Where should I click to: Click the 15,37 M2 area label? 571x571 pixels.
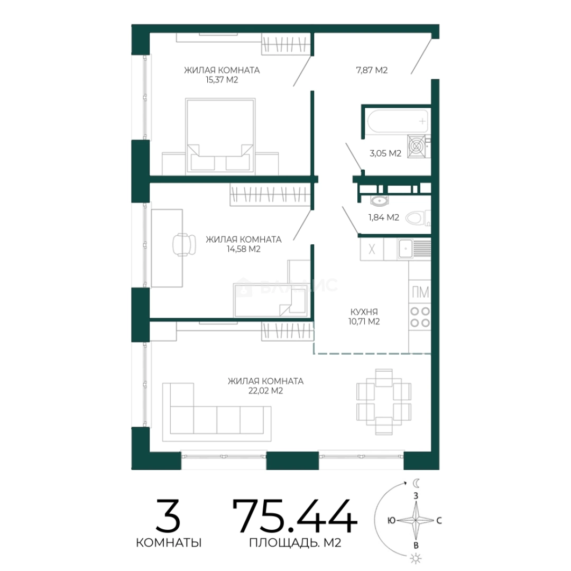(x=222, y=80)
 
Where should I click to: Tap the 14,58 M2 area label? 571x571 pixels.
(x=244, y=249)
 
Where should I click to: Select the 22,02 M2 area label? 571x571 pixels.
(x=265, y=391)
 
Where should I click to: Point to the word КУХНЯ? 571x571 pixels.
(x=364, y=312)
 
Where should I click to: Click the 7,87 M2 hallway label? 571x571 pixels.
(x=372, y=70)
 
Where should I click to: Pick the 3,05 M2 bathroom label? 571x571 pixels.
(x=385, y=153)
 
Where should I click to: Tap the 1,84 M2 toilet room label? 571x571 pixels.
(x=384, y=217)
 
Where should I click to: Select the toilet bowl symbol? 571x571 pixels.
(x=417, y=218)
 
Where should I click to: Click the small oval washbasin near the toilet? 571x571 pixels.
(x=380, y=200)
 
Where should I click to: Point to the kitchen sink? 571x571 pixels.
(x=405, y=248)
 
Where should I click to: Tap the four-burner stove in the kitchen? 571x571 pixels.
(x=420, y=317)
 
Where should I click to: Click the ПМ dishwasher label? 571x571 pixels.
(x=420, y=292)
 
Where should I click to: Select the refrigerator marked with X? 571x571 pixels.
(x=372, y=249)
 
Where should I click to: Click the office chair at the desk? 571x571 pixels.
(x=184, y=244)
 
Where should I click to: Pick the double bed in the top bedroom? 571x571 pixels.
(x=220, y=135)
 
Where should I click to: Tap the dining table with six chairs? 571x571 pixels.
(x=384, y=402)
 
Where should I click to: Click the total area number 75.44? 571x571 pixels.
(x=294, y=516)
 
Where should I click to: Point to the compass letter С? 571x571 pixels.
(x=439, y=521)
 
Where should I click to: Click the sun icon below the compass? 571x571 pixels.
(x=416, y=558)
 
